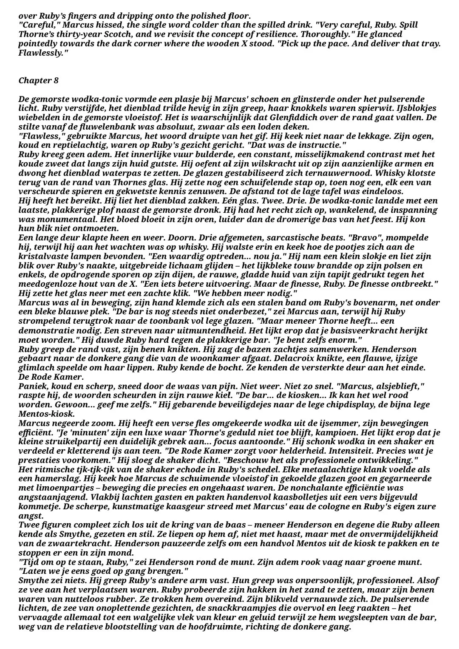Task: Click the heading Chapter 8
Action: coord(39,81)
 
